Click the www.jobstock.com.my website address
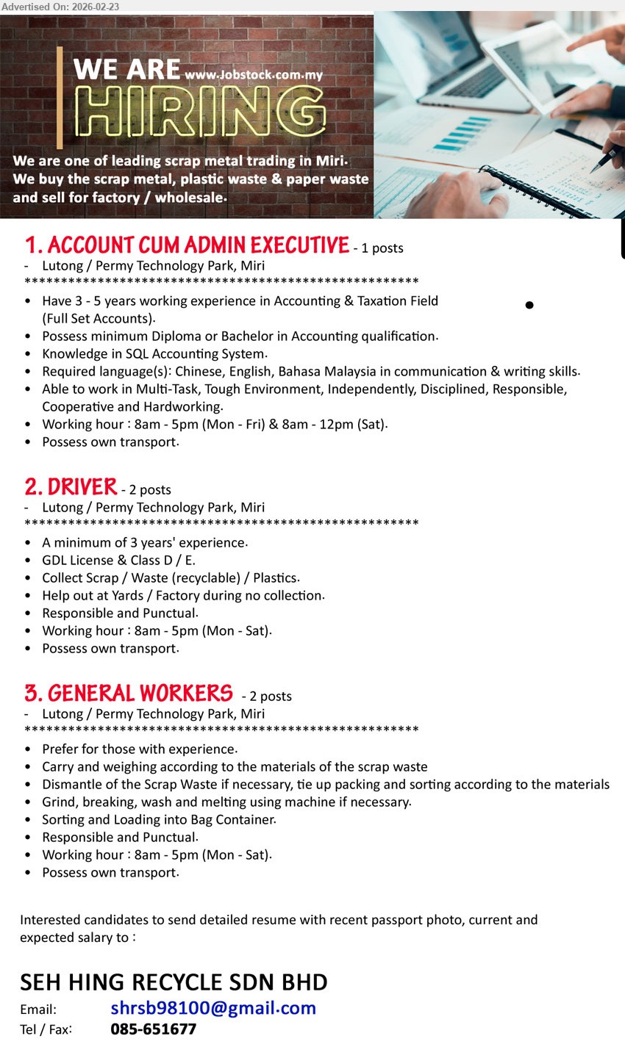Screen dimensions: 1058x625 click(x=254, y=75)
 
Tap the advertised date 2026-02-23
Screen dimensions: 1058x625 click(x=96, y=7)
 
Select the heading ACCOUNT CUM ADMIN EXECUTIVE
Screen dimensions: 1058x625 click(x=187, y=245)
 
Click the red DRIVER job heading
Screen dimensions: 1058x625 click(x=71, y=487)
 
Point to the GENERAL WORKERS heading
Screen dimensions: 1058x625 click(x=129, y=694)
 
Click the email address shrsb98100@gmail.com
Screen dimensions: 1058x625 click(x=213, y=1008)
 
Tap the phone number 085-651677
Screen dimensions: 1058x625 click(x=153, y=1029)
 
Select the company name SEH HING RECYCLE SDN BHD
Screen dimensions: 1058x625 click(x=174, y=982)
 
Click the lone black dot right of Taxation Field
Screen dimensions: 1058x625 click(x=529, y=305)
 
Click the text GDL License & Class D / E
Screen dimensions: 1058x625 click(x=118, y=561)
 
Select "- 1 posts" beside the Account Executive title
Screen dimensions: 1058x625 click(x=378, y=248)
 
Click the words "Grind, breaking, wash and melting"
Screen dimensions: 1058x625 click(x=140, y=802)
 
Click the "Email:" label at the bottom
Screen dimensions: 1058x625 click(x=38, y=1010)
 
